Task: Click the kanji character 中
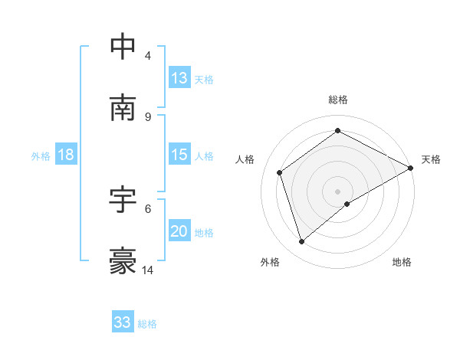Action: coord(123,47)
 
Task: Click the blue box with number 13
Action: coord(179,78)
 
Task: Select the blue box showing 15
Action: coord(179,155)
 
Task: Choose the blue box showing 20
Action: coord(179,231)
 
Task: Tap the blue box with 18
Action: coord(66,155)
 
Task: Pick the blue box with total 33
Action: coord(123,322)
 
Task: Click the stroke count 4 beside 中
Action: coord(148,56)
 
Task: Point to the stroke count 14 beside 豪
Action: coord(148,270)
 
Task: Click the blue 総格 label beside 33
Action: coord(147,324)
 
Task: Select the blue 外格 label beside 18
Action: coord(41,156)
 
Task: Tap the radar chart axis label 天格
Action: coord(431,159)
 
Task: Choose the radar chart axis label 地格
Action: coord(402,262)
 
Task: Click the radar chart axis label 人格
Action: coord(245,159)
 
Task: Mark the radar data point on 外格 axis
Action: coord(301,242)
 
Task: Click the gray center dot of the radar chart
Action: coord(337,191)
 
